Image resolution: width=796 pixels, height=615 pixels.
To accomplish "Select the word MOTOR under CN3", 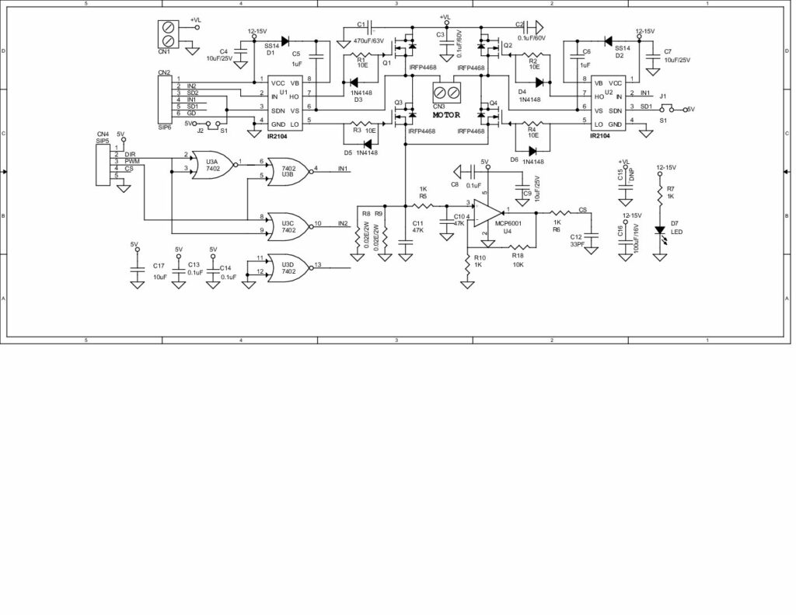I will tap(447, 114).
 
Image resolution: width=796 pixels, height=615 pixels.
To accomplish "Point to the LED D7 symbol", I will tap(659, 230).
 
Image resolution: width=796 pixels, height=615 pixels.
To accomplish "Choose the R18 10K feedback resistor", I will tap(518, 245).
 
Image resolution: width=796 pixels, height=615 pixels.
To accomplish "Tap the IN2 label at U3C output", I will tap(343, 224).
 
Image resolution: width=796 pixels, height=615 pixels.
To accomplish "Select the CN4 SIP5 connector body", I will tap(103, 162).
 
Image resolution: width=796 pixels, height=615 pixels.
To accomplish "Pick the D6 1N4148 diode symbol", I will tap(533, 152).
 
